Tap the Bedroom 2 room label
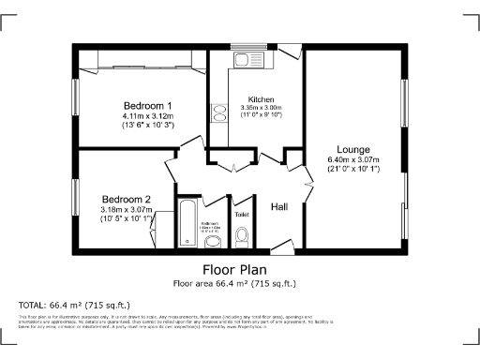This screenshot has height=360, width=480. click(127, 200)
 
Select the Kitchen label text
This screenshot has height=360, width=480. click(261, 99)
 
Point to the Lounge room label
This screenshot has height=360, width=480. click(353, 150)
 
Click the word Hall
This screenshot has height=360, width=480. click(279, 206)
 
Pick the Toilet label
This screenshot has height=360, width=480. click(242, 215)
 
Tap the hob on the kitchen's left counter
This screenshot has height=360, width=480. click(219, 114)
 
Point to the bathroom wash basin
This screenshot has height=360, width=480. click(213, 243)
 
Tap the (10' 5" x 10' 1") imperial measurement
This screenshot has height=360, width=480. click(127, 218)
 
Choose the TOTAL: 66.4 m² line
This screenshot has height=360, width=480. click(75, 306)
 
